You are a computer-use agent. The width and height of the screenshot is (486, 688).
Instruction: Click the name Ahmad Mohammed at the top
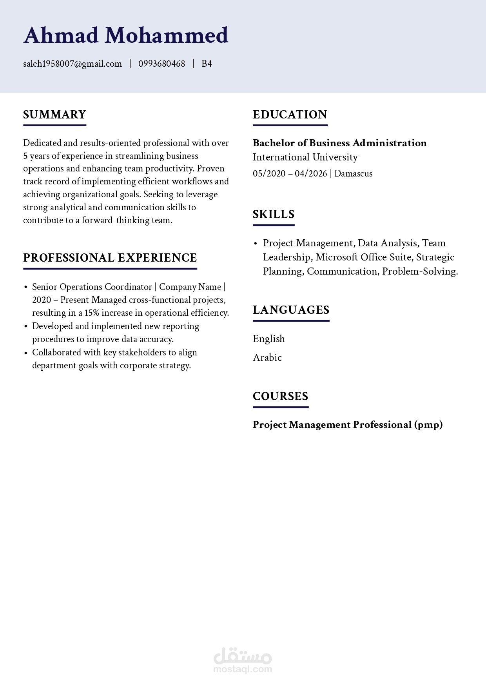tap(125, 35)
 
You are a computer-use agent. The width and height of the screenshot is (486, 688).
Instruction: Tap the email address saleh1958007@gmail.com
tap(73, 64)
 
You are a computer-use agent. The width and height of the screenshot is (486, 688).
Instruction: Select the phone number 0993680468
tap(161, 64)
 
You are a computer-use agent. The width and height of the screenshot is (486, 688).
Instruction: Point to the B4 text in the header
tap(207, 64)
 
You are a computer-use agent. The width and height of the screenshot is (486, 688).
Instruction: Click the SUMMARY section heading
tap(54, 115)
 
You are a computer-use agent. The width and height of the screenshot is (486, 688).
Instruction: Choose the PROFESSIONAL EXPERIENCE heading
tap(110, 258)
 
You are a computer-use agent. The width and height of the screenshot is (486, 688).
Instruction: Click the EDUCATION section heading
tap(290, 115)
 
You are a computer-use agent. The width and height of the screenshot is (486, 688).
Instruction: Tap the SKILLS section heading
tap(274, 214)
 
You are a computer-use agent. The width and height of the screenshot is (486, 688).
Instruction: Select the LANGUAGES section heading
tap(291, 310)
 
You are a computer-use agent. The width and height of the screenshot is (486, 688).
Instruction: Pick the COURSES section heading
tap(281, 396)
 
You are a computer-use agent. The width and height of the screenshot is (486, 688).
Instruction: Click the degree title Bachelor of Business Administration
tap(340, 143)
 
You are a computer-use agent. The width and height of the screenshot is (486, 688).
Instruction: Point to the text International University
tap(305, 157)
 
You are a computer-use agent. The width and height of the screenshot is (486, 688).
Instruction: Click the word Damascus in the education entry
tap(354, 173)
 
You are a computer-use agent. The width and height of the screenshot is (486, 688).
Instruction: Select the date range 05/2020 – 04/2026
tap(290, 173)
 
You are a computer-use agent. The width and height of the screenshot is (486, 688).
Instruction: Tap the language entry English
tap(269, 339)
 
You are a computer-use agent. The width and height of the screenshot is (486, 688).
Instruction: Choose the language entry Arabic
tap(267, 358)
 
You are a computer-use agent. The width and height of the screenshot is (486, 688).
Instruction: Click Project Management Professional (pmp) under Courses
tap(348, 425)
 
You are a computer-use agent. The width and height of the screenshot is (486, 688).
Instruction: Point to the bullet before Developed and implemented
tap(26, 326)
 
